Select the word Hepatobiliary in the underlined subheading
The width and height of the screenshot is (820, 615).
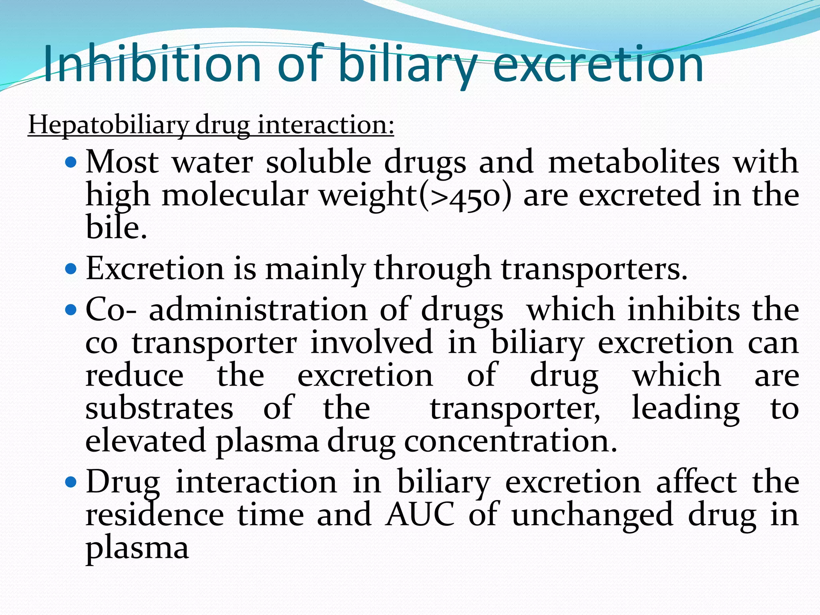pos(107,125)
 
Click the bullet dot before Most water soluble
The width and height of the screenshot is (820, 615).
pos(70,163)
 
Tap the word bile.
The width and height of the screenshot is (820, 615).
pos(116,227)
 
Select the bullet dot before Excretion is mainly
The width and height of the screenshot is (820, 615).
pos(70,268)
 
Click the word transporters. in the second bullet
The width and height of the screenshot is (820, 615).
pos(594,269)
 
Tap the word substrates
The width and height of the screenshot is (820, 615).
pos(159,408)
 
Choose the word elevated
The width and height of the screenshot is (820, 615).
pos(146,441)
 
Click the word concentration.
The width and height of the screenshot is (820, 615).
pos(511,441)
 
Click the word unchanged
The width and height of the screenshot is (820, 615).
pos(593,515)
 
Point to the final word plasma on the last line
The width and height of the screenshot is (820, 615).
pos(137,549)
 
